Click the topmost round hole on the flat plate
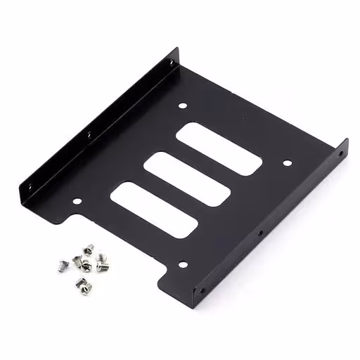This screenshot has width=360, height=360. (x=184, y=106)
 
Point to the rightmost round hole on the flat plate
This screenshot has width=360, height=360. (x=287, y=163)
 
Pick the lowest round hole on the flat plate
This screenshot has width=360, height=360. (x=182, y=265)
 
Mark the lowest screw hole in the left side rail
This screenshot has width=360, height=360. (x=30, y=186)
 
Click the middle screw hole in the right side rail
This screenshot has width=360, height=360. (x=259, y=233)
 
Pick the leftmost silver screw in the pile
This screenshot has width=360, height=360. (x=60, y=264)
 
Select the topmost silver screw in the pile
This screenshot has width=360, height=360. (x=89, y=247)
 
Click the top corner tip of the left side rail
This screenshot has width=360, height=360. (x=176, y=49)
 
